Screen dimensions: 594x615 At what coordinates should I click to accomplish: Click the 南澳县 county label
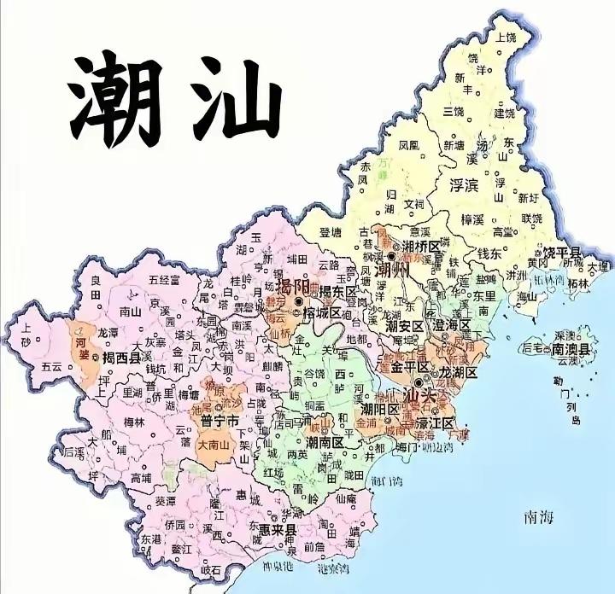tap(571, 349)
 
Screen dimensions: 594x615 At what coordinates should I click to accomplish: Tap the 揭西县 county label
tap(120, 359)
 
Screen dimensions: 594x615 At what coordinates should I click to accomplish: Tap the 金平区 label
tap(409, 370)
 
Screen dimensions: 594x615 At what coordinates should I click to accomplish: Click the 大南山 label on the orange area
tap(214, 445)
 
